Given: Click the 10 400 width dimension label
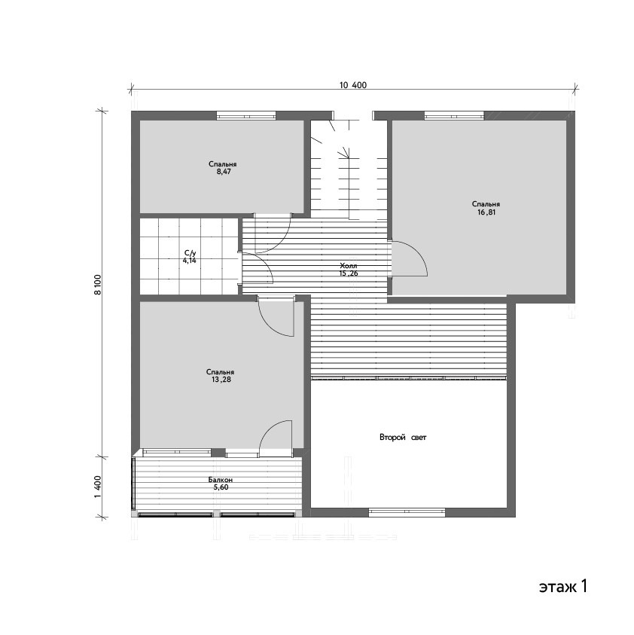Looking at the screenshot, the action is [352, 85].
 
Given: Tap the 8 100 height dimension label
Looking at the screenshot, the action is [98, 284].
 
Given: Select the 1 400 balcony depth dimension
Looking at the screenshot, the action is [98, 487].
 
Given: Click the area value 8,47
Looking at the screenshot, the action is [224, 172].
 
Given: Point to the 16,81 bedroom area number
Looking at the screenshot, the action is [486, 212].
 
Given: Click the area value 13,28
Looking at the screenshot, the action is [221, 380].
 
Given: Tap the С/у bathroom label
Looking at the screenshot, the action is [190, 253].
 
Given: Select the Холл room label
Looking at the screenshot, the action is [348, 266].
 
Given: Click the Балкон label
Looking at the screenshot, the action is [221, 480].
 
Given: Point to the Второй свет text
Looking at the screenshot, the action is [403, 438].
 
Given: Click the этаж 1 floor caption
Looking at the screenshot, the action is [563, 586].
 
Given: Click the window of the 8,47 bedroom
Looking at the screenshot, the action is [246, 115].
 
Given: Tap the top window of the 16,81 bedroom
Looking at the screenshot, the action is [454, 115].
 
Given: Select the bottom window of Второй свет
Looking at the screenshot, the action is [407, 513].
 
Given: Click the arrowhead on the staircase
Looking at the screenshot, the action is [345, 152].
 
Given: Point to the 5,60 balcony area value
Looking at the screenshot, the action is [221, 487].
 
